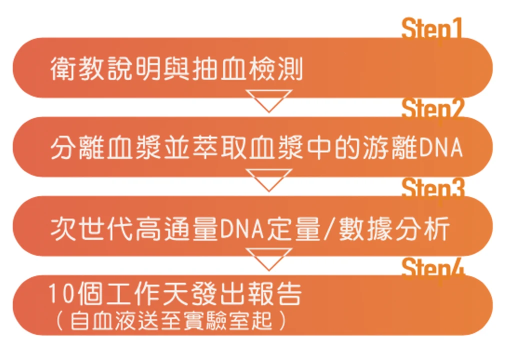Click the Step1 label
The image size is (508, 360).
point(432,29)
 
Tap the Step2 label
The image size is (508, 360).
point(432,109)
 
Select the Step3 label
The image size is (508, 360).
point(433,188)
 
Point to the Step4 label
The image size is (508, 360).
point(433,267)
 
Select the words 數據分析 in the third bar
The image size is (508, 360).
point(394,228)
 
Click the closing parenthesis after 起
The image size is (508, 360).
point(282,320)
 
